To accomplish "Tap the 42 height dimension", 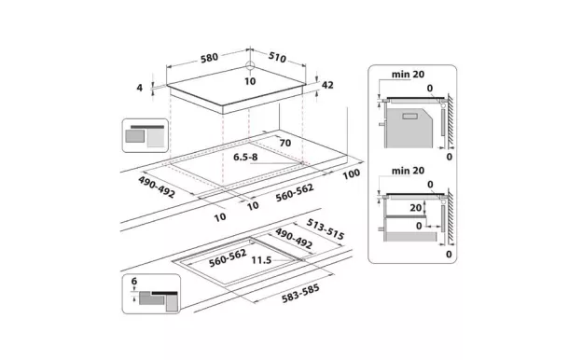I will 327,85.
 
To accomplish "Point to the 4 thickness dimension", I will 141,88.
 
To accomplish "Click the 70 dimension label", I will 284,144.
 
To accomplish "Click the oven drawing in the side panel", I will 410,124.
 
